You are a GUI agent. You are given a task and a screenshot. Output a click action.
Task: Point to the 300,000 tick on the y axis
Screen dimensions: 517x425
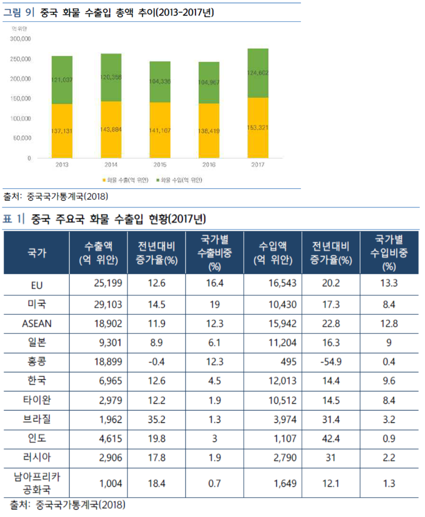point(21,39)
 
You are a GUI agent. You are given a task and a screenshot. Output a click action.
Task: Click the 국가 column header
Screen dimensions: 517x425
point(36,253)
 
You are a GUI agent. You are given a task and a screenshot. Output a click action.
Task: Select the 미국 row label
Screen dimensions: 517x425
point(36,304)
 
